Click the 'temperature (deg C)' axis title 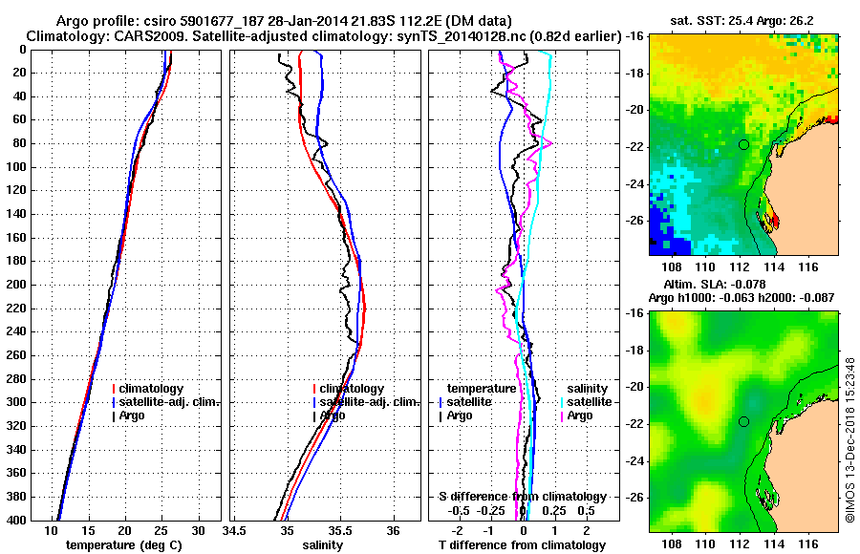(x=125, y=545)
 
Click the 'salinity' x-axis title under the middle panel (x=324, y=545)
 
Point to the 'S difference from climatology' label (x=522, y=497)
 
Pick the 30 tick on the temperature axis (x=199, y=530)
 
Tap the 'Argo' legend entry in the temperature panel (x=134, y=415)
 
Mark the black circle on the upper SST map (x=743, y=144)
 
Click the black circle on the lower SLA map (x=743, y=421)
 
